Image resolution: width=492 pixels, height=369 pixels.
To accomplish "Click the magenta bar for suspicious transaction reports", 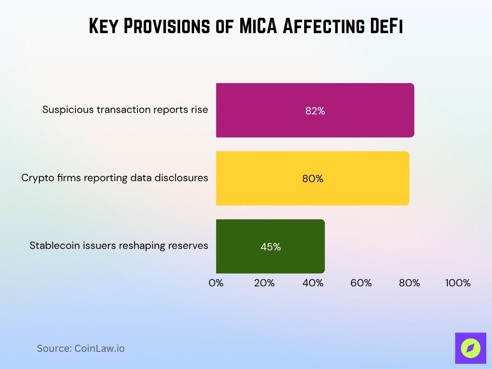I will click(x=315, y=110).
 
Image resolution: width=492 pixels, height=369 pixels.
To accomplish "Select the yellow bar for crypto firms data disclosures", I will click(x=312, y=178).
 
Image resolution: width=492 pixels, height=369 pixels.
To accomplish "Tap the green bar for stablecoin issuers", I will click(x=270, y=246).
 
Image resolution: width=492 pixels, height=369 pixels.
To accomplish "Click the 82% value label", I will click(x=315, y=111).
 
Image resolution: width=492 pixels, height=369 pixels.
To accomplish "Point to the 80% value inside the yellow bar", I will click(x=313, y=179).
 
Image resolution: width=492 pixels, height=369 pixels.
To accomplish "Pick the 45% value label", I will click(x=271, y=247).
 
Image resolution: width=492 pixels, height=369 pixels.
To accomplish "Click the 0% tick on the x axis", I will click(x=216, y=283).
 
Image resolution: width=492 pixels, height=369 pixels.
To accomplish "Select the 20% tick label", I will click(x=264, y=283).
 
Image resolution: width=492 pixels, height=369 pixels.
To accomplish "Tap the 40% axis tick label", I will click(x=313, y=283).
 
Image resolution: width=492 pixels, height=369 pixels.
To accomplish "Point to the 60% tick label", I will click(x=361, y=283).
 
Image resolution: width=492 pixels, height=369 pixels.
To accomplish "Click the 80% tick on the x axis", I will click(x=409, y=283).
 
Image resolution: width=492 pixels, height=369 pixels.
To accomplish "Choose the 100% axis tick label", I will click(x=457, y=283).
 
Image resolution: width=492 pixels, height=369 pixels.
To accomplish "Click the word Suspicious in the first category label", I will click(x=68, y=110).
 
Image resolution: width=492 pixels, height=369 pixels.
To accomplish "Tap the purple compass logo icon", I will click(x=470, y=348).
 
